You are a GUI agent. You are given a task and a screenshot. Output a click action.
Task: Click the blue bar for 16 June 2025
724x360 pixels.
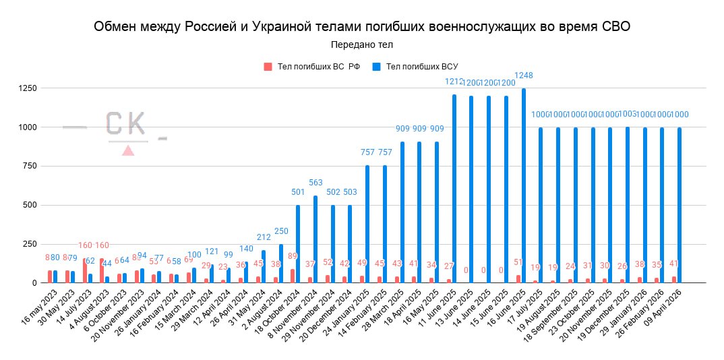click(x=524, y=186)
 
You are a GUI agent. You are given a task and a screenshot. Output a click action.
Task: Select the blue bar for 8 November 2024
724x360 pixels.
click(x=316, y=239)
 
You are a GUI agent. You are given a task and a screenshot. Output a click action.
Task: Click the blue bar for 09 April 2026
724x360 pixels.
click(x=679, y=205)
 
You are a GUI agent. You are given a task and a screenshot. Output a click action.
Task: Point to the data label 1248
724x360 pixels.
click(x=524, y=75)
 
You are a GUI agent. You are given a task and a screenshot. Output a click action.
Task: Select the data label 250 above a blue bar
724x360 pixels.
click(x=282, y=231)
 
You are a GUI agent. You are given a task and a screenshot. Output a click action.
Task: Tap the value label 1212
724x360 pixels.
click(x=455, y=81)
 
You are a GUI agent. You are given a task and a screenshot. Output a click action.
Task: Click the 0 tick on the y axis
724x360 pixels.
click(x=34, y=283)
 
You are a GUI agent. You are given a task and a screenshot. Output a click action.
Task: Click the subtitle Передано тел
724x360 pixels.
click(x=362, y=44)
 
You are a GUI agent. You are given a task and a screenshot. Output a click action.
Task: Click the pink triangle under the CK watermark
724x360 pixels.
click(x=128, y=150)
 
